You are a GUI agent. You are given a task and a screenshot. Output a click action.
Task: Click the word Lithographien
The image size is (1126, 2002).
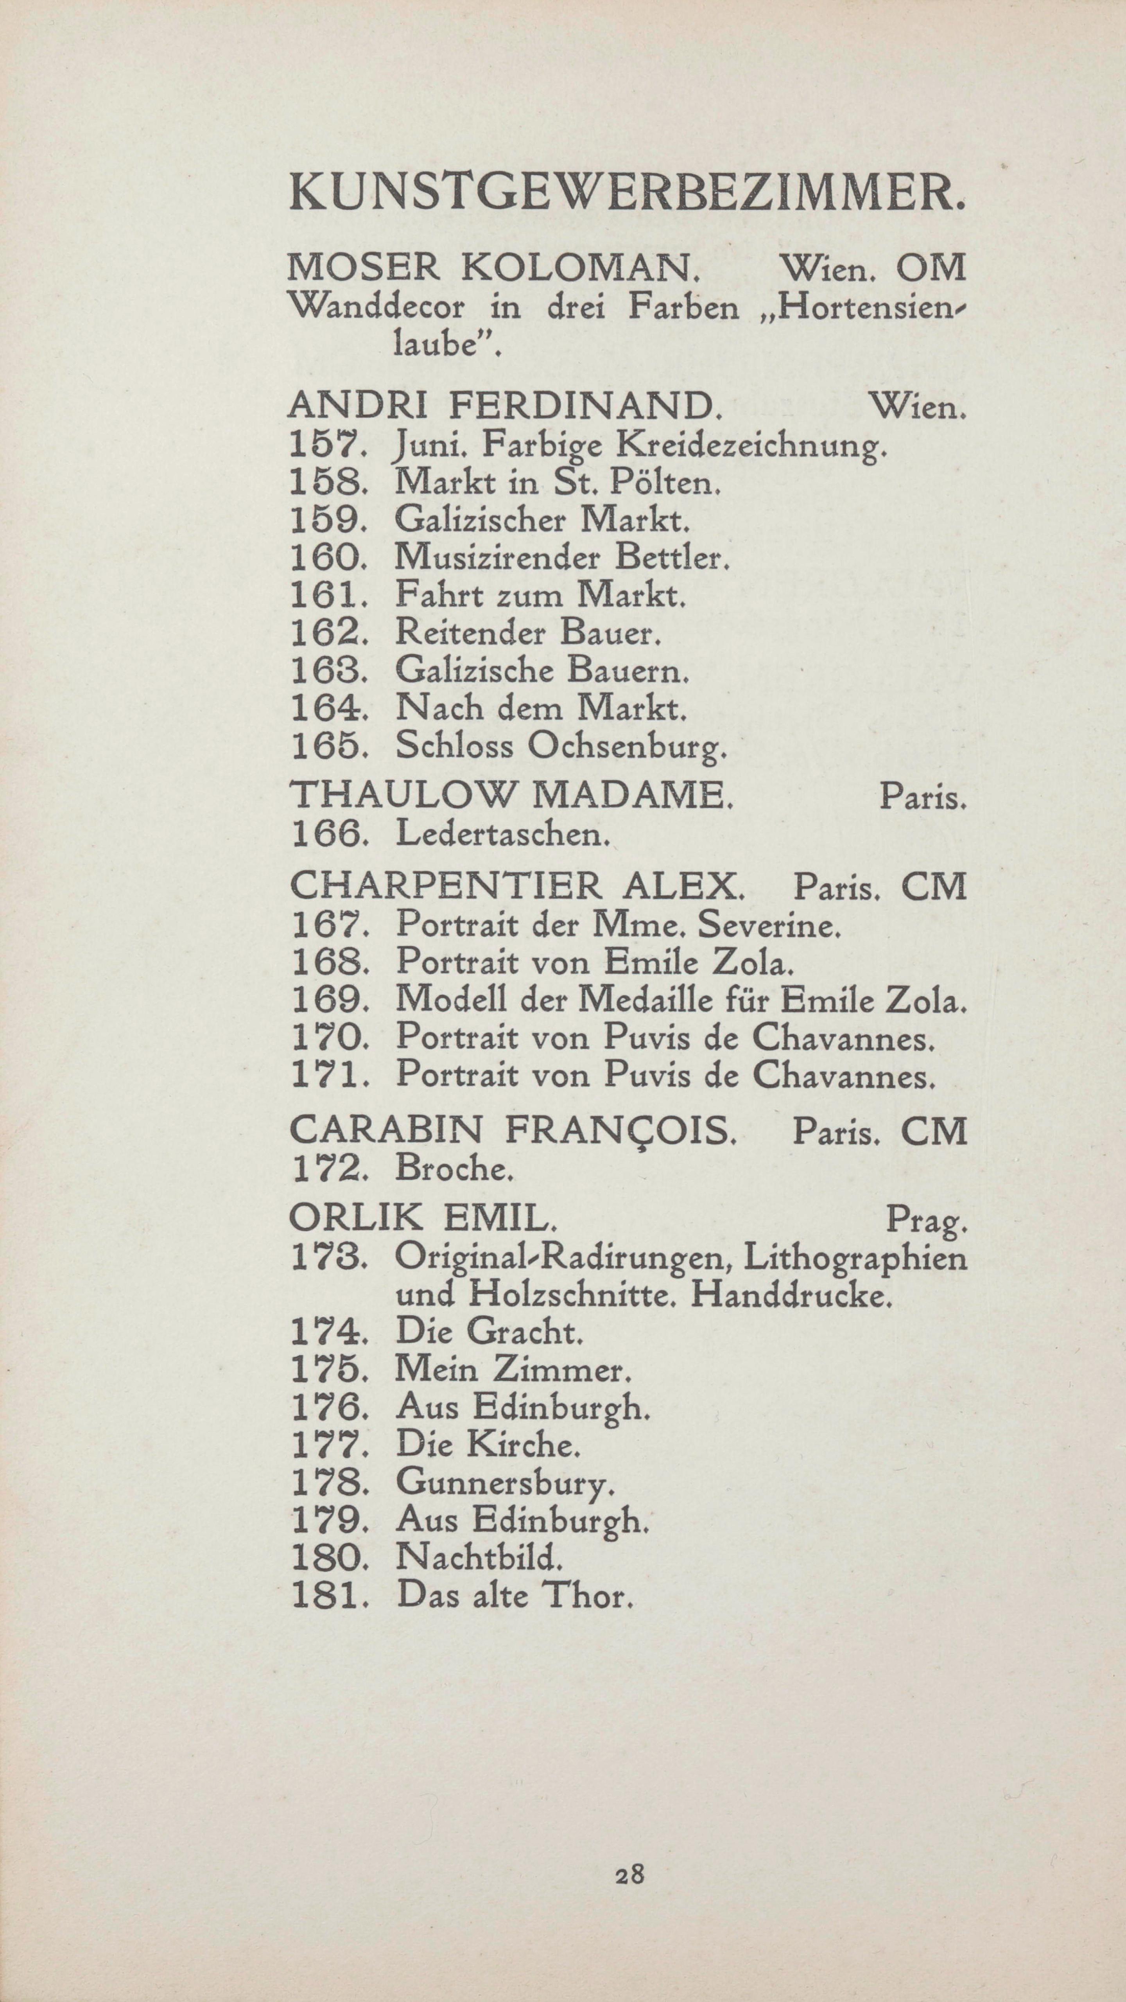pyautogui.click(x=855, y=1259)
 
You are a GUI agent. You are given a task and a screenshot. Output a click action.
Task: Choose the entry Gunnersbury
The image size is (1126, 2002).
pyautogui.click(x=505, y=1486)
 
